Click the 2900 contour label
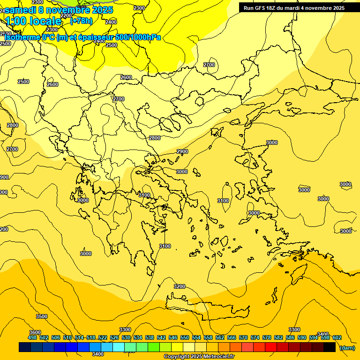pos(182,151)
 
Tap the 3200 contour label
pos(180,286)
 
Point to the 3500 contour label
pos(42,316)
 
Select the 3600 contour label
pos(35,332)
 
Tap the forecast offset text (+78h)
pos(81,21)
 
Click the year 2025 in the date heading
pos(103,10)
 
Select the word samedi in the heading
pos(21,10)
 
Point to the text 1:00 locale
pos(33,21)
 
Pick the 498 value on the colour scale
pos(32,337)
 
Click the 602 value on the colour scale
pos(337,337)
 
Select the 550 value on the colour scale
pos(185,337)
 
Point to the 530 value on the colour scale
pos(126,337)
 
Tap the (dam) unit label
pos(347,348)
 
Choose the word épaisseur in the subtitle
pos(97,37)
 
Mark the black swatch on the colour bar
pos(330,347)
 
